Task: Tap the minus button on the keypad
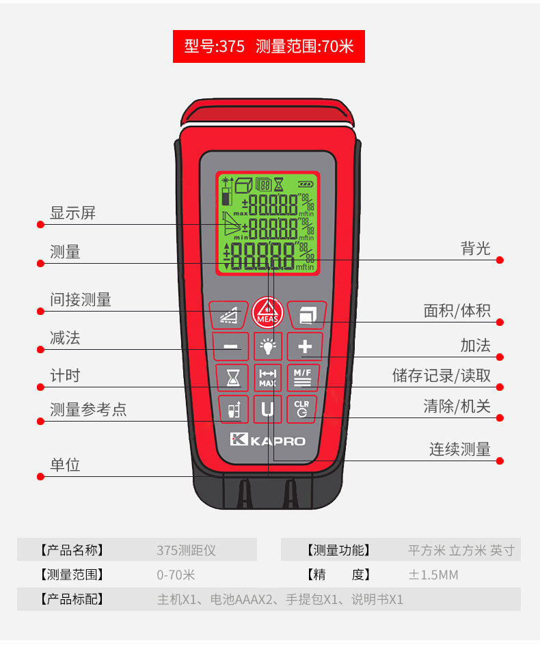click(230, 346)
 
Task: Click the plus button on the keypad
click(305, 346)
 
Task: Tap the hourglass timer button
click(232, 377)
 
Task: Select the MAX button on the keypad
click(267, 377)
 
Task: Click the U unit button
click(267, 409)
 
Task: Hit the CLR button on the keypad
click(301, 409)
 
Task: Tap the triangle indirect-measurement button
click(229, 315)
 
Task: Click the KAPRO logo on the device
click(267, 440)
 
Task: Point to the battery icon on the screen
click(306, 184)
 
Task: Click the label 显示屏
click(73, 212)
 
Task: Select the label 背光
click(475, 248)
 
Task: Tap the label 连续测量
click(460, 449)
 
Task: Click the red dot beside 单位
click(40, 477)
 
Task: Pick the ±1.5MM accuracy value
click(433, 575)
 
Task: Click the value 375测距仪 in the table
click(186, 550)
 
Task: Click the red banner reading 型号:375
click(269, 46)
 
